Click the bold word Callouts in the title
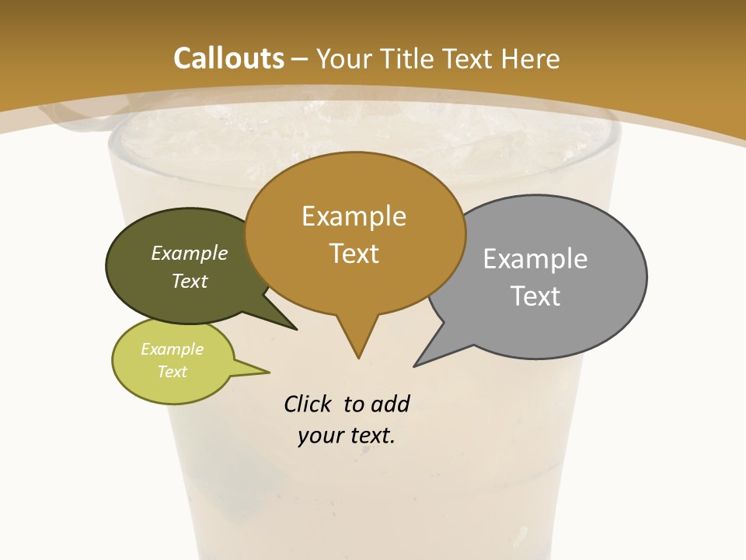[228, 58]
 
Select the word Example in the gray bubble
[535, 259]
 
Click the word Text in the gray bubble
[535, 296]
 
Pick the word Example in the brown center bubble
[354, 216]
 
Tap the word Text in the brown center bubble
[354, 254]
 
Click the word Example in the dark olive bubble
[190, 253]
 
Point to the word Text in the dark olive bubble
[190, 281]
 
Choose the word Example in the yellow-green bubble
[172, 349]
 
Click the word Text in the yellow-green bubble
[172, 372]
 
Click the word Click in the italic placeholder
[308, 404]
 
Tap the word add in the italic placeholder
[390, 404]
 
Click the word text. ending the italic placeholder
[370, 436]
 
